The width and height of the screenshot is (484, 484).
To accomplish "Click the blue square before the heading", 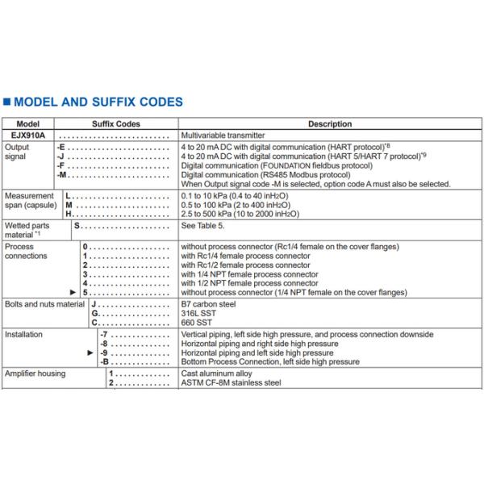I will point(7,103).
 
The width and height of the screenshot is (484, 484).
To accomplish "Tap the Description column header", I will point(330,124).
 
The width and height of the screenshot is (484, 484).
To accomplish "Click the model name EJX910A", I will point(28,135).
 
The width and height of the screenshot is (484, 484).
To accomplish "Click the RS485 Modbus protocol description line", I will point(265,174).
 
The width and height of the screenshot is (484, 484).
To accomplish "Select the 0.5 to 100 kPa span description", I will point(239,205).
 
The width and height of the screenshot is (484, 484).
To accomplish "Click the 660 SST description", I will point(198,323).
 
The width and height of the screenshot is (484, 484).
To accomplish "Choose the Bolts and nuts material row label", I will point(44,303).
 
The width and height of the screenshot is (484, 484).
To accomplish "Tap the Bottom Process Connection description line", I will point(270,362).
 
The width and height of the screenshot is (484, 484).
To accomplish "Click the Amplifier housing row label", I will point(35,373).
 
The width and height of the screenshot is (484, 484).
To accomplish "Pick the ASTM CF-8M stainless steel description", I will point(231,382).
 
